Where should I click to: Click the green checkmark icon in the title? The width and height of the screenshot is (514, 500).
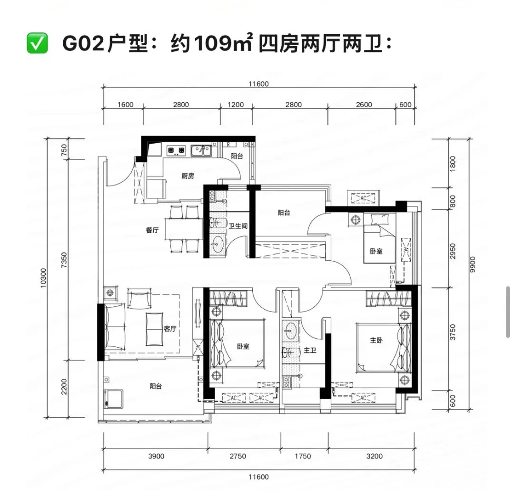tap(37, 43)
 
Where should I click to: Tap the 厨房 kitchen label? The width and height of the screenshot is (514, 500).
tap(188, 176)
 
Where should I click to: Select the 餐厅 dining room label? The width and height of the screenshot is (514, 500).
tap(152, 230)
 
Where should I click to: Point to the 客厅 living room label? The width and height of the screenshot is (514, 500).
tap(170, 329)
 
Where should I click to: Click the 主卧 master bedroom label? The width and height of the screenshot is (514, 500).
tap(376, 340)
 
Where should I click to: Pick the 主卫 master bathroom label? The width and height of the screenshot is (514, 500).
tap(310, 350)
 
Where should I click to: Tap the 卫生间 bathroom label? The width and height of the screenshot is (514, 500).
tap(238, 226)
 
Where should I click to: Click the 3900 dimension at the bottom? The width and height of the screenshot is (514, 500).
tap(156, 456)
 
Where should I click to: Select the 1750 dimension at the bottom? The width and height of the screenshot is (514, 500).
tap(303, 456)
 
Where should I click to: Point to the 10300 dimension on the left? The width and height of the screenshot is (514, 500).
tap(44, 278)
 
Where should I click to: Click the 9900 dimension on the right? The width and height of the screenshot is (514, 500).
tap(473, 264)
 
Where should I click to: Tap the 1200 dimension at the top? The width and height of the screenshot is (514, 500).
tap(236, 105)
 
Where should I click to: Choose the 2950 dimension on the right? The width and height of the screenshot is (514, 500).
tap(453, 251)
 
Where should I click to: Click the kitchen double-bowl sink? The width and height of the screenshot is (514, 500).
tap(201, 151)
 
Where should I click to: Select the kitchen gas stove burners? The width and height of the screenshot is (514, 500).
tap(177, 150)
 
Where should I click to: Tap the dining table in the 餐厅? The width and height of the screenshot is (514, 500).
tap(184, 229)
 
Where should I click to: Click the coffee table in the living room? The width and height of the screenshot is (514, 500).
tap(154, 329)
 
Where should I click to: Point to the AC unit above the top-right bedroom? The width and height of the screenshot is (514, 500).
tap(363, 198)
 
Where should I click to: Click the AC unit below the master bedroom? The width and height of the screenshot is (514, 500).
tap(363, 398)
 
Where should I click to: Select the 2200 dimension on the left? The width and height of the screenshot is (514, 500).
tap(64, 387)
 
